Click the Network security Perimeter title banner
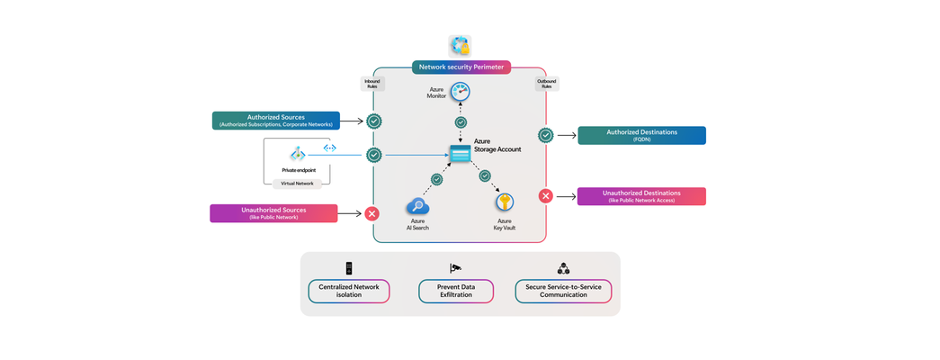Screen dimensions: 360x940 [x=461, y=67]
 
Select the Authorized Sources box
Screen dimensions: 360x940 [x=275, y=121]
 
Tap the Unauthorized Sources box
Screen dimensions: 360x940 [x=273, y=213]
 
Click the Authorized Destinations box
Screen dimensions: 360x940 [x=641, y=135]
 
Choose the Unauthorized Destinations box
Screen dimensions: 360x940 [x=641, y=196]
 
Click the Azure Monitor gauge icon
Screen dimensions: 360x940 [x=461, y=91]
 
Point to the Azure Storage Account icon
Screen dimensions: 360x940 [x=460, y=154]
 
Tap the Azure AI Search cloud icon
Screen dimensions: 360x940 [x=418, y=206]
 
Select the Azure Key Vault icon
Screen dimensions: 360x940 [x=506, y=202]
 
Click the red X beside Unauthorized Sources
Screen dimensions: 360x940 [x=372, y=213]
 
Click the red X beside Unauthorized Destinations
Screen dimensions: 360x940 [x=545, y=196]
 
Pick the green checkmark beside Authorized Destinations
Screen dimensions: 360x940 [x=545, y=135]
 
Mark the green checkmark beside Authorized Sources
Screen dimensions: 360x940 [x=373, y=121]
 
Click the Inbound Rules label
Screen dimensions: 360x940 [x=372, y=84]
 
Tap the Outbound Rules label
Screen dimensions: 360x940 [x=546, y=84]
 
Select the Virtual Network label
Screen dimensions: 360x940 [x=297, y=183]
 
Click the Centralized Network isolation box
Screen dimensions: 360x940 [x=348, y=291]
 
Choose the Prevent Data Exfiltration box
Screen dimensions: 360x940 [x=456, y=291]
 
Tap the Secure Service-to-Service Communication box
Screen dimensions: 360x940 [x=563, y=291]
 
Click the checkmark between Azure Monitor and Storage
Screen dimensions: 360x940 [x=461, y=122]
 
